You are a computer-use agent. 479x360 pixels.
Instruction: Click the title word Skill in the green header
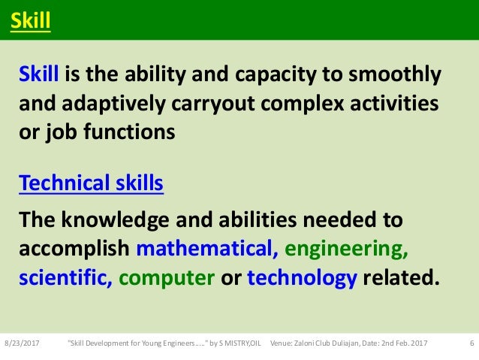coord(30,21)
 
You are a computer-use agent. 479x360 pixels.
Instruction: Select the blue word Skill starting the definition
coord(41,76)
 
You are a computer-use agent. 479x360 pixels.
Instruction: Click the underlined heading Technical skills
coord(91,183)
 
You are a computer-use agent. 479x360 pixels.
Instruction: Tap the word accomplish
coord(74,249)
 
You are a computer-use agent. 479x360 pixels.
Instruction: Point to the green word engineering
coord(347,249)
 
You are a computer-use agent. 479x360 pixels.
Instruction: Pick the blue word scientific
coord(66,277)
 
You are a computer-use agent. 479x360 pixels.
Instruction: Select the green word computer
coord(166,277)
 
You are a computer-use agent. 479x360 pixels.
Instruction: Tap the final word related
coord(398,277)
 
